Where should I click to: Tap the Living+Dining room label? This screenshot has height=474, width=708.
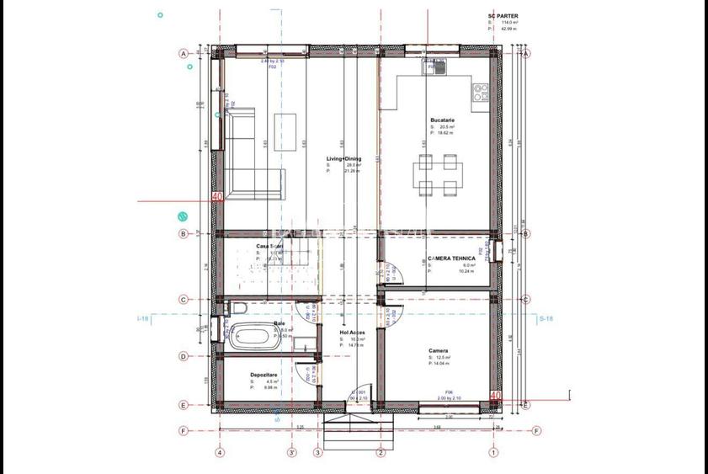click(343, 158)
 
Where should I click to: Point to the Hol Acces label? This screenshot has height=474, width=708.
click(352, 333)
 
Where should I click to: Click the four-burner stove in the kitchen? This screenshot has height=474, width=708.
click(481, 92)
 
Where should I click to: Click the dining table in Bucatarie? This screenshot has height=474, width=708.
click(435, 173)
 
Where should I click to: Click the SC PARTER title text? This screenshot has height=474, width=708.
click(503, 15)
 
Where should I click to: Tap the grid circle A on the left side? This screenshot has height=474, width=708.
click(183, 53)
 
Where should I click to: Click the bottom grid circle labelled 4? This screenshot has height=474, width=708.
click(220, 453)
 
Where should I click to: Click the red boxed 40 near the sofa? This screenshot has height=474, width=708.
click(217, 197)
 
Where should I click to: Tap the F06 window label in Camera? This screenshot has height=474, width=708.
click(449, 392)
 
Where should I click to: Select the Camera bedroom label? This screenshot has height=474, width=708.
click(438, 350)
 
